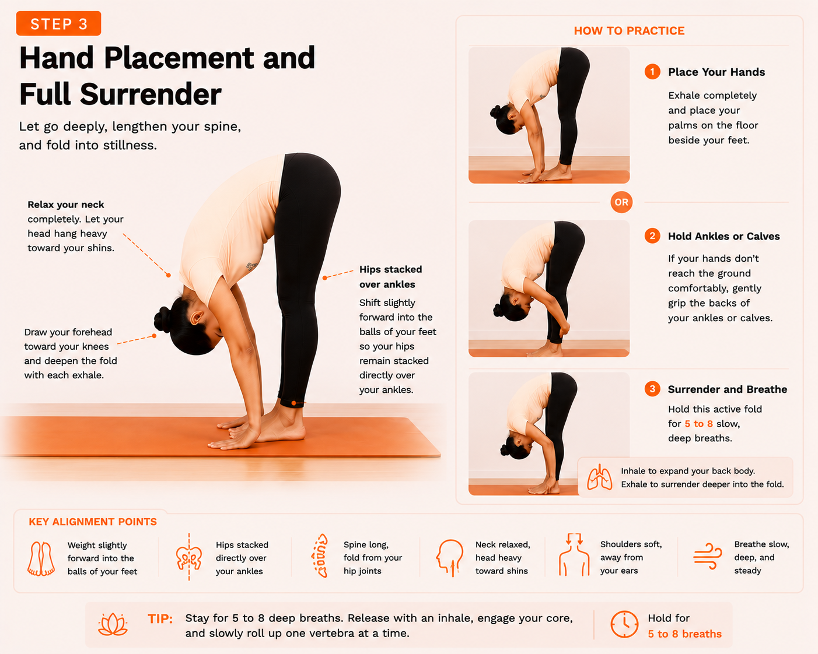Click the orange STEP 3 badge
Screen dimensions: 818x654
click(58, 23)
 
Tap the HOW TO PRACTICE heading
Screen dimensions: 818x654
click(629, 31)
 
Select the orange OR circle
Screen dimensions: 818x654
click(621, 202)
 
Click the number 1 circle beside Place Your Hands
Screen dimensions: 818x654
click(652, 72)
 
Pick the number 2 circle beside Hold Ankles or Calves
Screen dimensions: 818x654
click(652, 236)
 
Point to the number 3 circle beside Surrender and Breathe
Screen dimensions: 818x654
click(652, 389)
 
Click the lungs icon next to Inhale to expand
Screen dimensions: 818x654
click(599, 477)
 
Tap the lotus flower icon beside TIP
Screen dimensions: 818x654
click(113, 624)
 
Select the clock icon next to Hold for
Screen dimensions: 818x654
click(624, 624)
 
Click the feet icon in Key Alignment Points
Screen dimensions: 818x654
click(41, 558)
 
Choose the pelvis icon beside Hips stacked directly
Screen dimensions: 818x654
click(189, 557)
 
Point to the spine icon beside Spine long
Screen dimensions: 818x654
click(320, 555)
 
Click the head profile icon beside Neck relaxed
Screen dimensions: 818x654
click(449, 558)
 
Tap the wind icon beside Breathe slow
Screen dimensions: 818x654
click(707, 556)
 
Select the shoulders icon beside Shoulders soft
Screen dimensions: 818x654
click(574, 555)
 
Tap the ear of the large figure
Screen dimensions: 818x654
click(197, 317)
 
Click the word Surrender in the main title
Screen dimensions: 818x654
click(151, 94)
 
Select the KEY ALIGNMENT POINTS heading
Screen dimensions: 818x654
click(93, 522)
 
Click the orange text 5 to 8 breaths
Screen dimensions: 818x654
click(684, 634)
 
